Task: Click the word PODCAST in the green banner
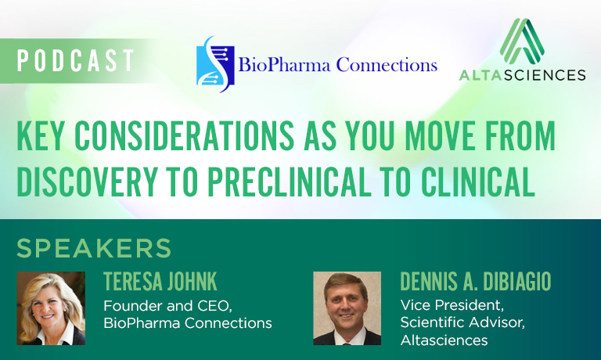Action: (x=75, y=60)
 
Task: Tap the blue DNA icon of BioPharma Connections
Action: (x=215, y=64)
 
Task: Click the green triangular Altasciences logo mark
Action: (x=522, y=41)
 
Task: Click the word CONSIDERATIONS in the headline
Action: (x=184, y=135)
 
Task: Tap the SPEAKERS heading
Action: (x=94, y=248)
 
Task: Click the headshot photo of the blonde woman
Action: (x=51, y=308)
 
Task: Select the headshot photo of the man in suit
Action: (x=347, y=308)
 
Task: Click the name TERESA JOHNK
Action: (x=160, y=282)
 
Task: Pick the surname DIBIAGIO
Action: (x=516, y=282)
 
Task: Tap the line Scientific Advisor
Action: (x=462, y=322)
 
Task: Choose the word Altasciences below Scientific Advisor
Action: (x=444, y=340)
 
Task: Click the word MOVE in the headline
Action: (x=441, y=135)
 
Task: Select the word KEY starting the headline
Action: (x=40, y=135)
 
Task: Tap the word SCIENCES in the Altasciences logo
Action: (x=545, y=75)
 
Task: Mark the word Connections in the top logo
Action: (x=387, y=65)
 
